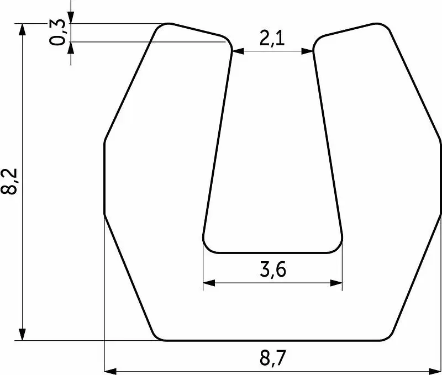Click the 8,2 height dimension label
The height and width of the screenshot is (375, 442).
click(x=9, y=182)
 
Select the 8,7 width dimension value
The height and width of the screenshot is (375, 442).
click(x=272, y=358)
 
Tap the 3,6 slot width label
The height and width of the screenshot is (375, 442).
click(x=272, y=270)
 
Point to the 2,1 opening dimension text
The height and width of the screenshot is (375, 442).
click(x=272, y=38)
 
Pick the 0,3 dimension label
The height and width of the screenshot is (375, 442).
click(x=57, y=33)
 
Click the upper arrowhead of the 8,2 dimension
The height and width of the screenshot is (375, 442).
click(x=22, y=29)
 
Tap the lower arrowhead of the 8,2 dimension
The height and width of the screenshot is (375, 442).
click(x=22, y=335)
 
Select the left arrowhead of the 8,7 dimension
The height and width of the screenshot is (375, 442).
click(x=110, y=371)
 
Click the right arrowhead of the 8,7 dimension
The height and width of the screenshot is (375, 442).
click(x=434, y=371)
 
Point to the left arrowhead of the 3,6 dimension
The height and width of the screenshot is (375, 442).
click(x=209, y=283)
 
